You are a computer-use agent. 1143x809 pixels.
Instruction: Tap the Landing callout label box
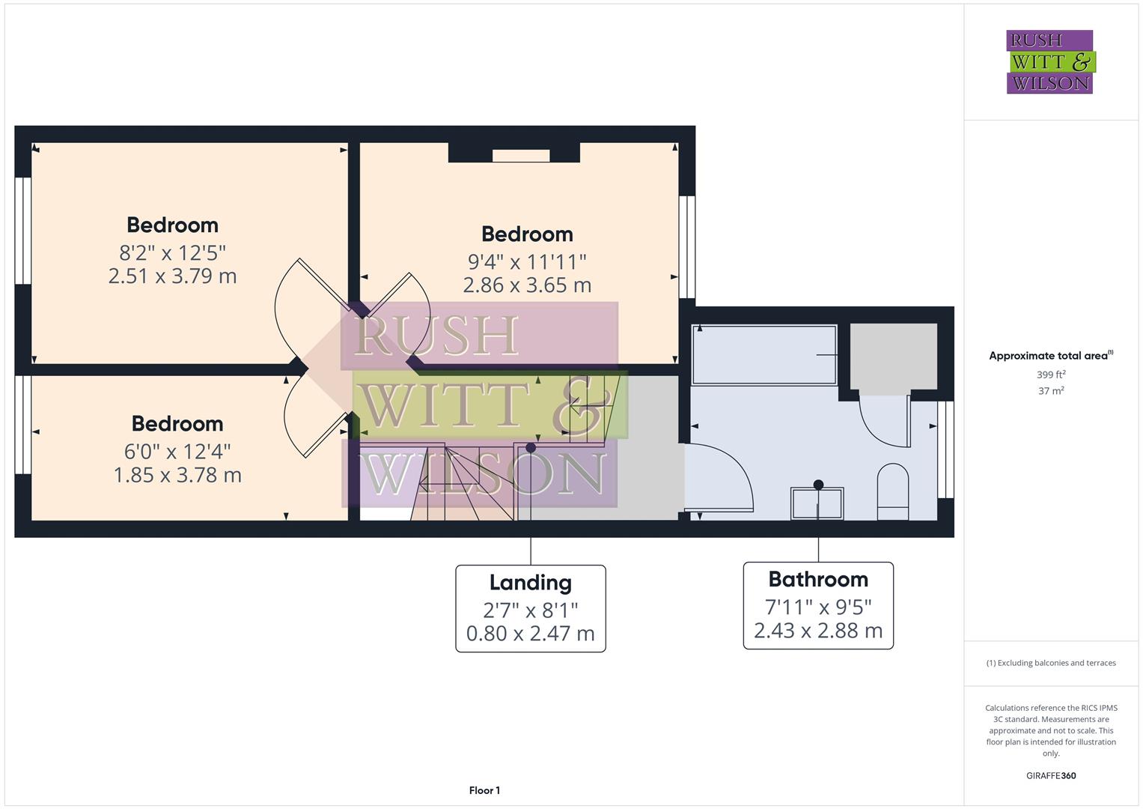coord(530,608)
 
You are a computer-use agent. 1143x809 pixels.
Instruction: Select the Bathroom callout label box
coord(817,605)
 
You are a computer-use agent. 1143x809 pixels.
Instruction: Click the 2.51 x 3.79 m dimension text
coord(172,276)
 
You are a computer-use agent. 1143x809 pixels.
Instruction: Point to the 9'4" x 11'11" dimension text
coord(527,261)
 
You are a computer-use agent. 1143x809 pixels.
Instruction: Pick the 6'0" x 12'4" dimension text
coord(177,451)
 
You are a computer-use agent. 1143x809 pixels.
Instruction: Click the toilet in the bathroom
coord(891,491)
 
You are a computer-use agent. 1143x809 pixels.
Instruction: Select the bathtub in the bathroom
coord(763,354)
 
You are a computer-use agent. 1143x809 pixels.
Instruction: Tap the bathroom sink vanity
coord(817,503)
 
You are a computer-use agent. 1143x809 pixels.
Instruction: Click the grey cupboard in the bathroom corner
coord(894,357)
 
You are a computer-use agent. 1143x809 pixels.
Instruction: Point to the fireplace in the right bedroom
coord(513,153)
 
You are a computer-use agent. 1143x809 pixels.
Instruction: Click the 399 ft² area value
coord(1051,375)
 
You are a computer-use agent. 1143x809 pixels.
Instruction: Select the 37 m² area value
coord(1051,391)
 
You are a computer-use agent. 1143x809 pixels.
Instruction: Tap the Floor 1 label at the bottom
coord(484,790)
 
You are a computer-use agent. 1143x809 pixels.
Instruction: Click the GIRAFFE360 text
coord(1051,775)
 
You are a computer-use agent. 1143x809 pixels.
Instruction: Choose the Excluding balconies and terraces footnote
coord(1051,663)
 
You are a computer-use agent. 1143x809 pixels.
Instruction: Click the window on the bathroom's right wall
coord(946,449)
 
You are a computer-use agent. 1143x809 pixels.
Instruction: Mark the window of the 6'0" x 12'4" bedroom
coord(23,425)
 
